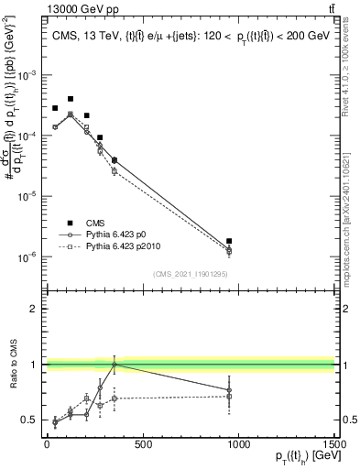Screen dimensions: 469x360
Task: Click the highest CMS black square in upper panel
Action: (x=71, y=99)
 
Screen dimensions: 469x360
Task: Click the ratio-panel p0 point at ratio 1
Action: (x=115, y=365)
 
